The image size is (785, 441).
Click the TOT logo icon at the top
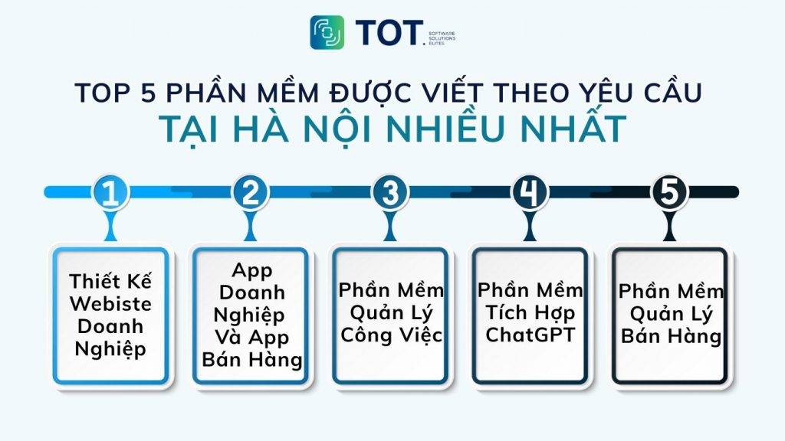point(327,32)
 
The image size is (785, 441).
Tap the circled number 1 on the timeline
point(110,192)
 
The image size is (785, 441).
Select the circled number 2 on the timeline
point(250,192)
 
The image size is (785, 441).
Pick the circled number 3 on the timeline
point(390,192)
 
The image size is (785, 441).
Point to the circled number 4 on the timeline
point(530,192)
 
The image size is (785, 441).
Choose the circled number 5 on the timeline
point(669,192)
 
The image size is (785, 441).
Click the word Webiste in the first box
point(110,303)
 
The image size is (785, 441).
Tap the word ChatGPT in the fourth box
point(530,335)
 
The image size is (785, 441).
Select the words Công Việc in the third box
point(391,335)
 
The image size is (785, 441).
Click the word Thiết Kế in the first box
point(110,280)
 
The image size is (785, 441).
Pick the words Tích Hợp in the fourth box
point(530,312)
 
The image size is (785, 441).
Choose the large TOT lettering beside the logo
point(389,33)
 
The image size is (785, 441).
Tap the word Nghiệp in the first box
point(110,349)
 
